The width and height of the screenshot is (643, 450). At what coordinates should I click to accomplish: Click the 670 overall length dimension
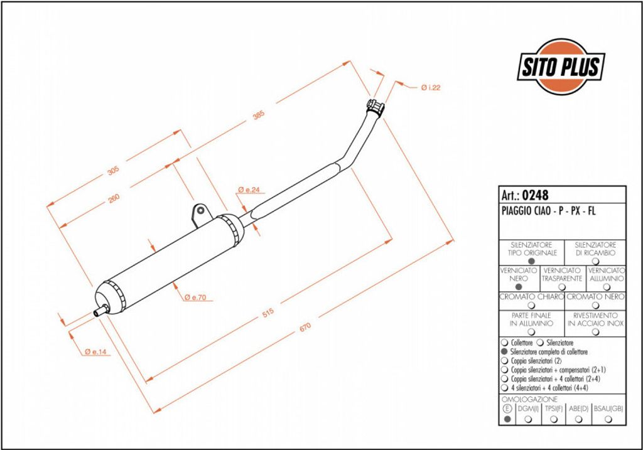(x=305, y=327)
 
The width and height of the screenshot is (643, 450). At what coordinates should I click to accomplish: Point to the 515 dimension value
(x=267, y=313)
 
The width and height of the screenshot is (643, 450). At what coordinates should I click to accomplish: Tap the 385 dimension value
(x=258, y=115)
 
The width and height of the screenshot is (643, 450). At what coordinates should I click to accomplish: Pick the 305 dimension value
(x=113, y=170)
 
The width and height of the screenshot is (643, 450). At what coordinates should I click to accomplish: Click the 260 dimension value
(x=114, y=198)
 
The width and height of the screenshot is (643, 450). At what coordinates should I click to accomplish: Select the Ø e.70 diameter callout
(x=195, y=297)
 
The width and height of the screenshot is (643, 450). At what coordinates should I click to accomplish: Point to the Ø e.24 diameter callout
(x=249, y=190)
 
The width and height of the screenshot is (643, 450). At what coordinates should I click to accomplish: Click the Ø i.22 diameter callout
(x=431, y=87)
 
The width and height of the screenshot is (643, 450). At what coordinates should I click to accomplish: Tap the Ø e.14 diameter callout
(x=95, y=351)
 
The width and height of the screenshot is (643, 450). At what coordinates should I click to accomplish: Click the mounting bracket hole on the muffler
(x=200, y=211)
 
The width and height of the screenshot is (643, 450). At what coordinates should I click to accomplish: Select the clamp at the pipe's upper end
(x=376, y=107)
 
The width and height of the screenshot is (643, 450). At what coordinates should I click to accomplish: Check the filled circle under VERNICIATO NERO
(x=518, y=287)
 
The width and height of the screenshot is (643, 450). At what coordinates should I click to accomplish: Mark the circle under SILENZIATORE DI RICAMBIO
(x=595, y=261)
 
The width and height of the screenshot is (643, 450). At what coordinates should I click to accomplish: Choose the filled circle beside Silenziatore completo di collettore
(x=504, y=351)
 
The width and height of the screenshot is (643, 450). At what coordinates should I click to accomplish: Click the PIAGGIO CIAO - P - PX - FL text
(x=548, y=211)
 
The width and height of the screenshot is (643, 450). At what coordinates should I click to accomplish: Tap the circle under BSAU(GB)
(x=608, y=419)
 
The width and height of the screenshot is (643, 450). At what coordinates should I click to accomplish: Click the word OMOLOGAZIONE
(x=529, y=399)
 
